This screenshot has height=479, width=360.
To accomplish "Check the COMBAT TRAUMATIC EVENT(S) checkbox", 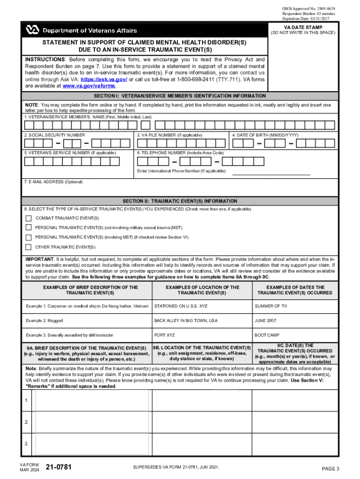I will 29,218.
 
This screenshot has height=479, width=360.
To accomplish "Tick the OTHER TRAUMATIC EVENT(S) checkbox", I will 29,247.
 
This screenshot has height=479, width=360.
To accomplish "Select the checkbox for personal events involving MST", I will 29,237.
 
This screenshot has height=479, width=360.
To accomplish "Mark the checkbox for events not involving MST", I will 29,228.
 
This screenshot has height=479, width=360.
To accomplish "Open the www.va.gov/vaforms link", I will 89,86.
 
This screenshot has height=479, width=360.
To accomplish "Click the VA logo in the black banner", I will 32,30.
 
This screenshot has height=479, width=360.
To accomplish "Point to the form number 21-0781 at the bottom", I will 58,467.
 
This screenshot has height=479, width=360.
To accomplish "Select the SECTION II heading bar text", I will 180,201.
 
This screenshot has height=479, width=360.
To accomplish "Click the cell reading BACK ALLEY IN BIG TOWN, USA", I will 186,321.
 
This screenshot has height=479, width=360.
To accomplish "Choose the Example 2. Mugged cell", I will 44,321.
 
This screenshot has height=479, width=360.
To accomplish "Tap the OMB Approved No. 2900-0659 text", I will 308,9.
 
